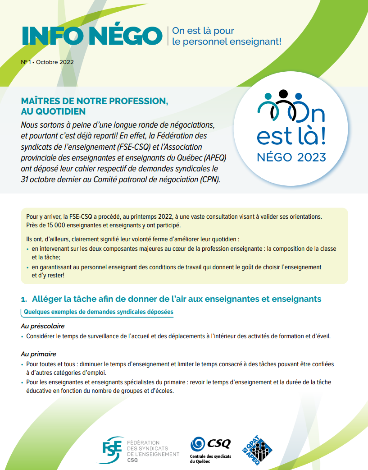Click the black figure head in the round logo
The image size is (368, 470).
[283, 94]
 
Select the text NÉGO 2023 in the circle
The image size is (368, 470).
[291, 157]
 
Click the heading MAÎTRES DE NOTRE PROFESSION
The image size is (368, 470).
[95, 101]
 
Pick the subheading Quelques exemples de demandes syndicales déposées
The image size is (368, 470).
[98, 312]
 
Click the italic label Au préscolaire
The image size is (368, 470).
[43, 326]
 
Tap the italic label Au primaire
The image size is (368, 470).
[38, 354]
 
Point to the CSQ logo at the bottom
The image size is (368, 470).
[210, 444]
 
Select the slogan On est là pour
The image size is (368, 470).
[203, 31]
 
